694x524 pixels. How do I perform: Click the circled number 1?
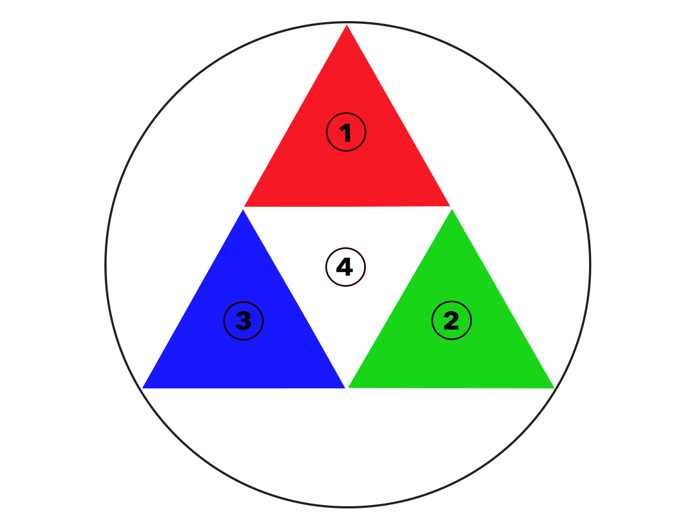[x=346, y=132]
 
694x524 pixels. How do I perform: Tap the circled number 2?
[x=451, y=321]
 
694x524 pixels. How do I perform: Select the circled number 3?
[x=243, y=321]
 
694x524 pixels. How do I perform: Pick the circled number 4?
[x=345, y=267]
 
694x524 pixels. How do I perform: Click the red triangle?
[x=347, y=167]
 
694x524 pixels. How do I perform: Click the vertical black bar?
[x=580, y=265]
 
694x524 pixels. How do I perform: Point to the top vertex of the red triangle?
[x=347, y=25]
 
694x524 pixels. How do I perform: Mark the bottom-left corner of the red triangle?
[x=244, y=206]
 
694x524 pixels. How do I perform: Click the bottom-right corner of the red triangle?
[x=450, y=206]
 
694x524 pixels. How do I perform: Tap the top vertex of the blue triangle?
[x=243, y=210]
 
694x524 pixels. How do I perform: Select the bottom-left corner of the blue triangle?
[x=143, y=387]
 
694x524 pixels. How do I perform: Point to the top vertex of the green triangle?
[x=452, y=209]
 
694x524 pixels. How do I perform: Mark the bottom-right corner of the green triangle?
[x=554, y=387]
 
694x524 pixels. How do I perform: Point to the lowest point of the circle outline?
[x=348, y=506]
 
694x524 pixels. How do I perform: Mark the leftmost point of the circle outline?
[x=106, y=265]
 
